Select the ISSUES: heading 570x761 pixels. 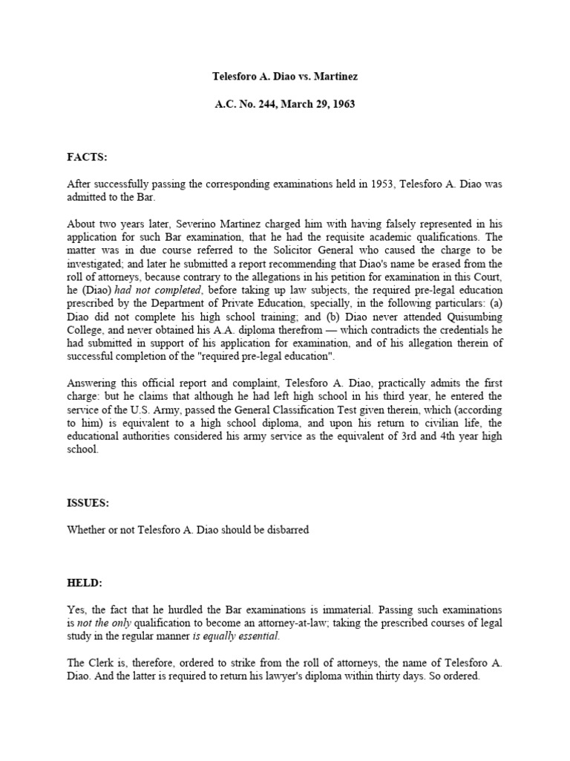tap(89, 503)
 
